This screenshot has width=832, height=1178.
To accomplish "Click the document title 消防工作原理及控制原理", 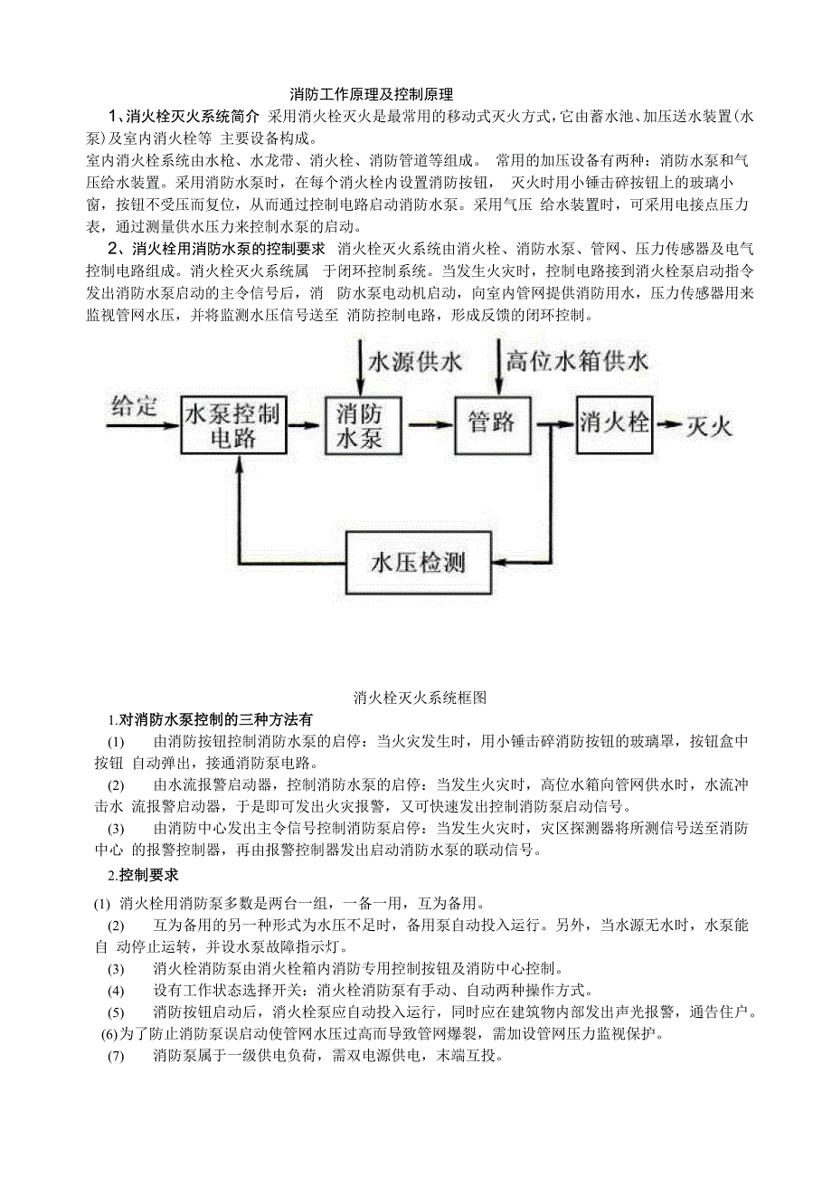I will tap(370, 94).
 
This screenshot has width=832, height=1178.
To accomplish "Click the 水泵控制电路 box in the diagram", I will tap(233, 424).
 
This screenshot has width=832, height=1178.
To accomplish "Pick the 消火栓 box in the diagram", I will tap(614, 422).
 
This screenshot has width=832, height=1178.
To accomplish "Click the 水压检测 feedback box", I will tap(418, 562).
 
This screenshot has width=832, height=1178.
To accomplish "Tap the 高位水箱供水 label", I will tap(576, 362).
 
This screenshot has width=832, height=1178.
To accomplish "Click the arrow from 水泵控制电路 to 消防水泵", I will tap(307, 424).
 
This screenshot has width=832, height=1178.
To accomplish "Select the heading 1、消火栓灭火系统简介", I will tap(184, 116).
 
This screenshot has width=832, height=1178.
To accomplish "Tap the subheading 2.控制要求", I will tap(144, 875).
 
